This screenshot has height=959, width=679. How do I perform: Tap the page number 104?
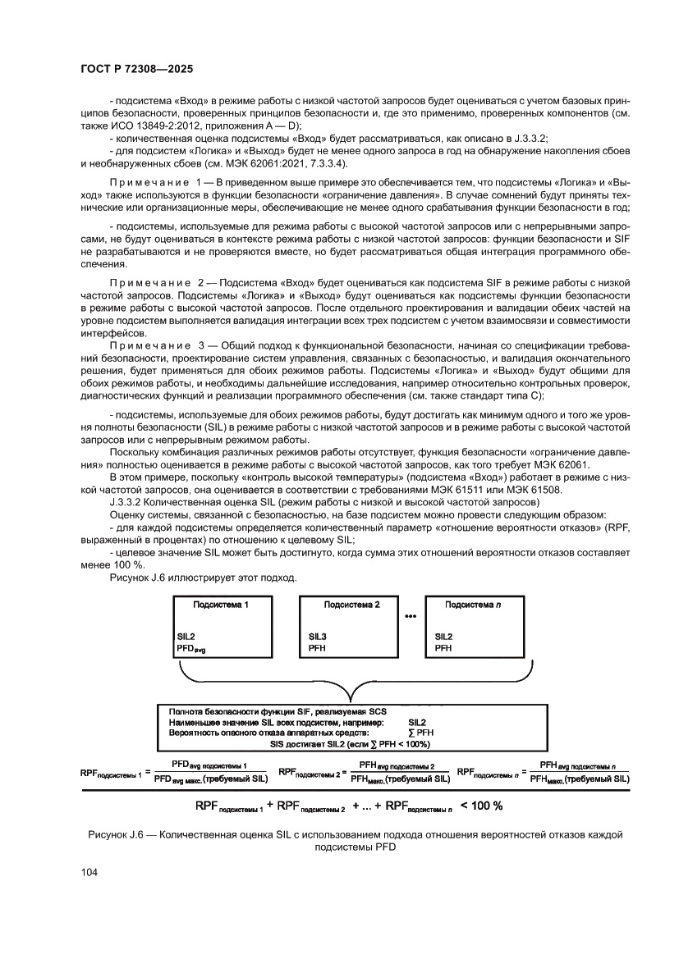(90, 873)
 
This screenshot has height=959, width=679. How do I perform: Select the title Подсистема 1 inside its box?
(220, 604)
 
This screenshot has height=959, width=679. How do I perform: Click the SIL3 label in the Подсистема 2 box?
(318, 636)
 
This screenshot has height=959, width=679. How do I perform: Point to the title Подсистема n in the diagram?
(472, 604)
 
